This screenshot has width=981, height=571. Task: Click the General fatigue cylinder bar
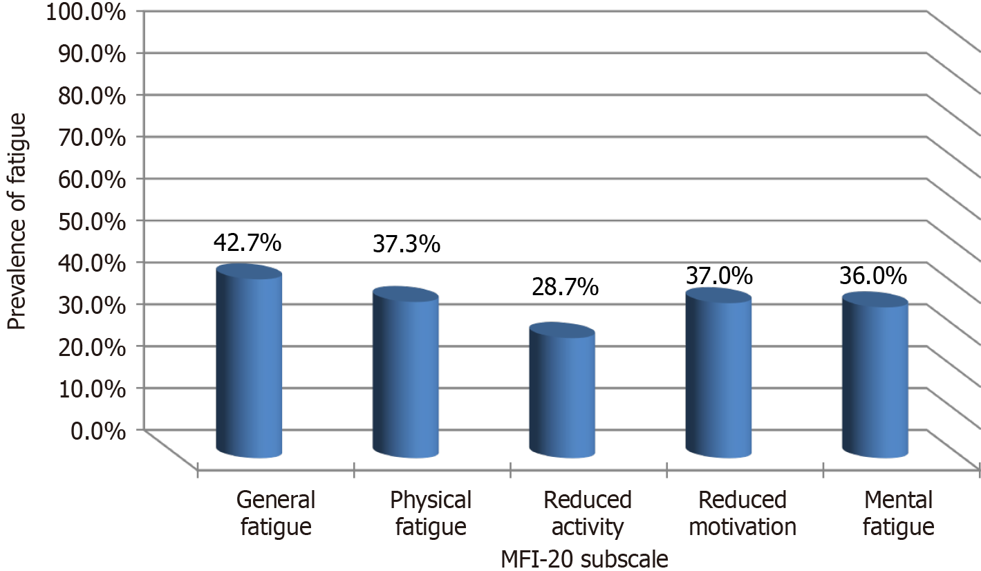point(249,363)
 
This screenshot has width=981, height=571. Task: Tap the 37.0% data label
point(719,276)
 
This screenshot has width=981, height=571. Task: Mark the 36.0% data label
point(874,276)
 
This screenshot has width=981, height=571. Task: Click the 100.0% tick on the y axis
point(85,12)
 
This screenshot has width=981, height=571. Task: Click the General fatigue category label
point(276,514)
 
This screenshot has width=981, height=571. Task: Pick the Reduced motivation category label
point(742,514)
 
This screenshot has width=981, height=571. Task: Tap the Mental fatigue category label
point(898,514)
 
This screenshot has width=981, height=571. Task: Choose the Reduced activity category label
point(587,514)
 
